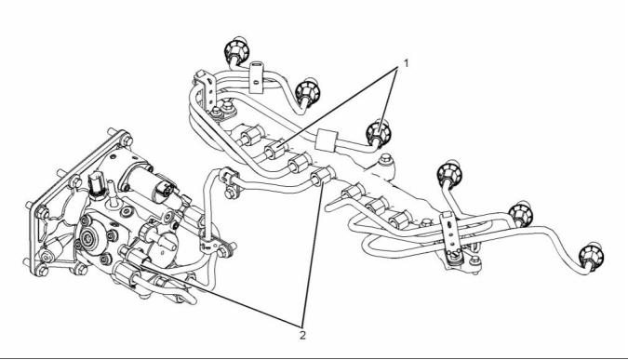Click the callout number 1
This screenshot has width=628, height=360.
(x=407, y=63)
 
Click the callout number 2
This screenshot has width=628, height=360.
(x=302, y=335)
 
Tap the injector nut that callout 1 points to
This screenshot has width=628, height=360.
(x=378, y=132)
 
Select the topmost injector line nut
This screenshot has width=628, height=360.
(x=236, y=49)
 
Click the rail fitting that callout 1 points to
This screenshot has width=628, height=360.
(x=276, y=150)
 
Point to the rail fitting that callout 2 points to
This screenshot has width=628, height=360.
(x=323, y=176)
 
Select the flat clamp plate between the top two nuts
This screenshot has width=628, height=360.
(x=257, y=77)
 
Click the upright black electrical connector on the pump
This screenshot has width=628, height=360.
(x=97, y=185)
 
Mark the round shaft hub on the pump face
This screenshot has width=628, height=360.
(x=87, y=239)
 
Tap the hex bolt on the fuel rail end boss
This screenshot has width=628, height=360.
(x=386, y=158)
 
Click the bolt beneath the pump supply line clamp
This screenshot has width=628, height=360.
(x=230, y=193)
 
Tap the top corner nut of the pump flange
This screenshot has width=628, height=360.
(x=127, y=140)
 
